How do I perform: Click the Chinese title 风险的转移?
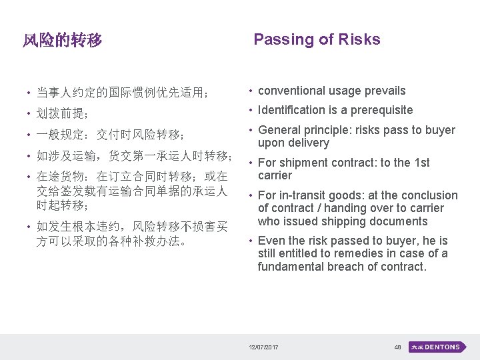62,41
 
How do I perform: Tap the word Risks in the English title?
359,39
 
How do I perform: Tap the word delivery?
308,143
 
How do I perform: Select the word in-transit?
302,195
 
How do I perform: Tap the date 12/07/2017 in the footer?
264,347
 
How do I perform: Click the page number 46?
397,347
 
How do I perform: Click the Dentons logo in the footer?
435,347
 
